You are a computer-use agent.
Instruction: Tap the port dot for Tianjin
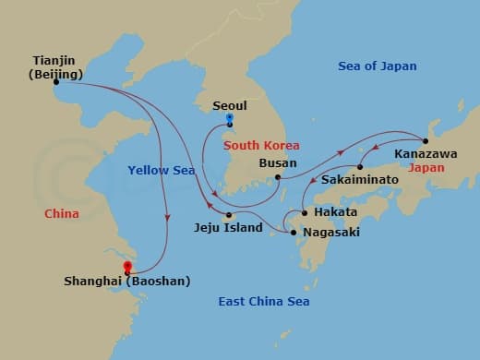(x=55, y=81)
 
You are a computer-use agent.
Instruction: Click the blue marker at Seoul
(x=230, y=120)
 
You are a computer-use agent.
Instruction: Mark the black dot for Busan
(x=277, y=176)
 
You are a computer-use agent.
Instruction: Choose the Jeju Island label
(x=227, y=227)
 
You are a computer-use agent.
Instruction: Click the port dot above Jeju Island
(x=228, y=214)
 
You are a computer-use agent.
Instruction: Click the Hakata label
(x=324, y=211)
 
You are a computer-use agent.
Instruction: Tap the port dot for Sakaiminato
(x=360, y=167)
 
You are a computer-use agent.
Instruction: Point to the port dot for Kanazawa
(x=426, y=140)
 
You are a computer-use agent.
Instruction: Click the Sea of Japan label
(x=377, y=66)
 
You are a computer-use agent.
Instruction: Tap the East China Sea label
(x=263, y=302)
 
